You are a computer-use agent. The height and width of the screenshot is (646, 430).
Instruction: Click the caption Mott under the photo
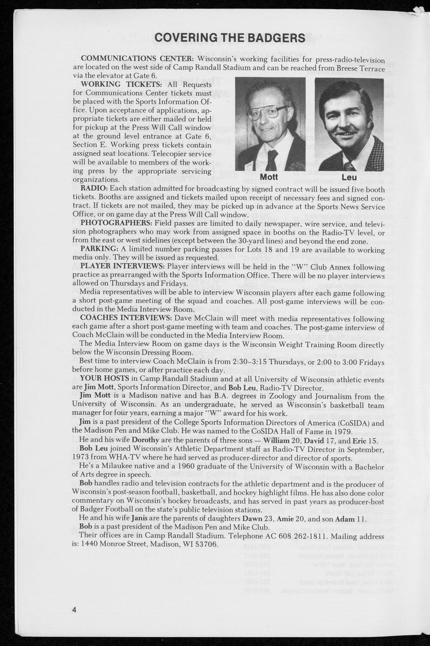(269, 177)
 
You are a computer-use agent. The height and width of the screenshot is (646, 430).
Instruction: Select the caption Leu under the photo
(349, 178)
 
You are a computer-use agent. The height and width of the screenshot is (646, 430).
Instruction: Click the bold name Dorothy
(146, 440)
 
